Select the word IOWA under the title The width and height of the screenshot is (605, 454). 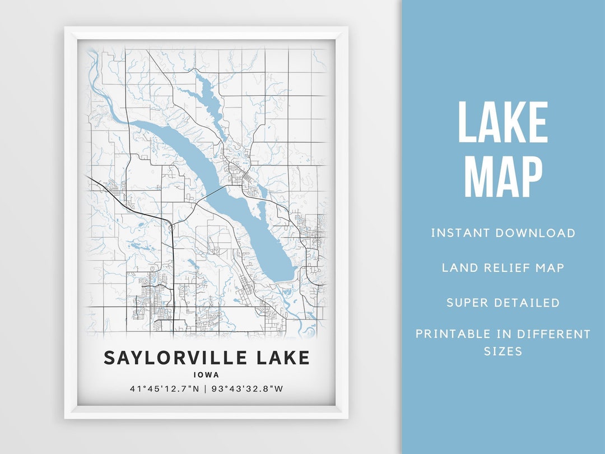click(x=207, y=375)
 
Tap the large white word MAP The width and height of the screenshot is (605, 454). click(x=502, y=177)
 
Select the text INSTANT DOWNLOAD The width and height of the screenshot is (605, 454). click(x=503, y=233)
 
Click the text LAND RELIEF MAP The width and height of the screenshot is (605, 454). click(x=503, y=267)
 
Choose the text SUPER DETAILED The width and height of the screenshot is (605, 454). click(x=503, y=303)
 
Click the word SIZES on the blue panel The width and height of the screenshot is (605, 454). click(x=503, y=352)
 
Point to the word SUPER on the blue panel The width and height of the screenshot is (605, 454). click(x=468, y=303)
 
